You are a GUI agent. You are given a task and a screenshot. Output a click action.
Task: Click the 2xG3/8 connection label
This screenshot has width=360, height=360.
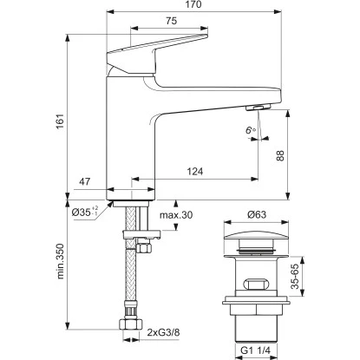tap(164, 331)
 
